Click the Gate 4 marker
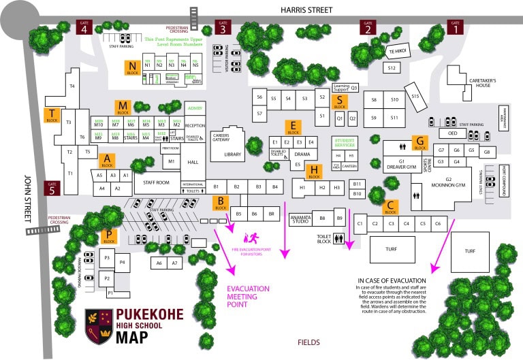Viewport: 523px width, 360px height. point(84,27)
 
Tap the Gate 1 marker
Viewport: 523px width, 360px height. point(455,27)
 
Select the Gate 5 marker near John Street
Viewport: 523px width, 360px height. point(52,188)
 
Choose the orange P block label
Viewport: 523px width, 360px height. point(109,236)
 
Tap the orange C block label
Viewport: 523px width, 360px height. point(390,206)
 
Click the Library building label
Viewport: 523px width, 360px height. point(233,156)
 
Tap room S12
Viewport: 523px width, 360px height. point(392,68)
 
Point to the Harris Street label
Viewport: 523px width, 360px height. point(307,10)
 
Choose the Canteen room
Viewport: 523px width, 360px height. point(349,167)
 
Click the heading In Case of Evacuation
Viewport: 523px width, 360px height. point(392,280)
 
